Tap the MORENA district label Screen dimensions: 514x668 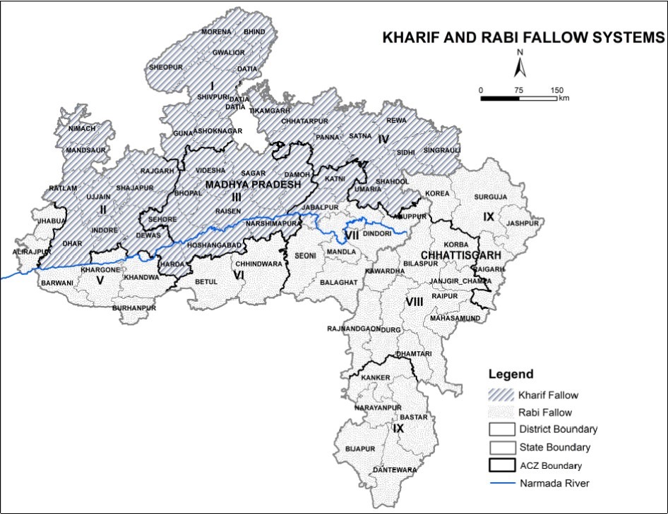click(x=216, y=32)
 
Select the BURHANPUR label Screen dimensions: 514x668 click(x=134, y=308)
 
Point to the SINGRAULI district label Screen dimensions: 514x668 click(x=442, y=150)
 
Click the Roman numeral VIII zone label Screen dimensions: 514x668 click(x=414, y=302)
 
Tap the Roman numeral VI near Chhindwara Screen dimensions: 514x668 click(x=239, y=274)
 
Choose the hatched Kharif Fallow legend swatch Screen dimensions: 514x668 click(x=503, y=396)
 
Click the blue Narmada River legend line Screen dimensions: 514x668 click(x=503, y=483)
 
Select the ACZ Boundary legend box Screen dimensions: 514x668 click(x=503, y=465)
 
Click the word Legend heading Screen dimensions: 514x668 click(x=512, y=374)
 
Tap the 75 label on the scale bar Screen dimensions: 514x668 click(x=519, y=90)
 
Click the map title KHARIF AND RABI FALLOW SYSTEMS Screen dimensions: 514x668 click(x=523, y=38)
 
